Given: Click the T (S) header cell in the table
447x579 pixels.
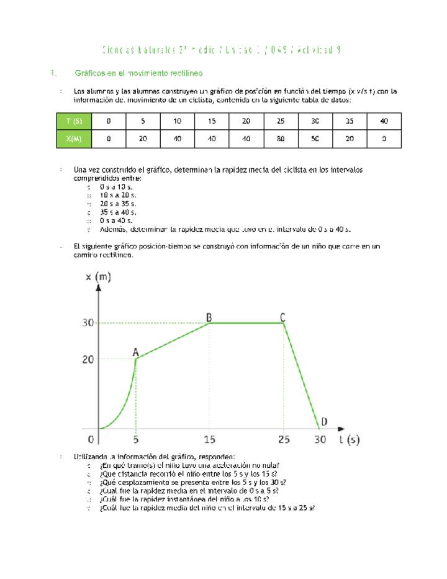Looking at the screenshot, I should tap(74, 121).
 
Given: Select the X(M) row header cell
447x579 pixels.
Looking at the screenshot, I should tap(74, 139).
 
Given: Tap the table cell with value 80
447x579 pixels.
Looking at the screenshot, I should tap(281, 139).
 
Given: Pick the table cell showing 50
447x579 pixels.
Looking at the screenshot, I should tap(315, 139).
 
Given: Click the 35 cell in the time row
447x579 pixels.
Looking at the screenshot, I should tap(350, 121).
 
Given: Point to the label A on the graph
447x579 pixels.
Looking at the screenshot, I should tap(135, 352).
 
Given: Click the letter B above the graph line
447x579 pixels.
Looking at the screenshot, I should tap(209, 317).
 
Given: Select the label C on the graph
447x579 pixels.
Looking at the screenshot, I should tap(282, 317).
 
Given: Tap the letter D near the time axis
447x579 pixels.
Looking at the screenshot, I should tap(324, 422).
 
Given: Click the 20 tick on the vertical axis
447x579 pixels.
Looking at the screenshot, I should tap(89, 359).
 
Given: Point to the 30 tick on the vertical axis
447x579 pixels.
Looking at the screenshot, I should tap(89, 323).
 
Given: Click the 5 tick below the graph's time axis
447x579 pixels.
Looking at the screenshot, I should tap(136, 440).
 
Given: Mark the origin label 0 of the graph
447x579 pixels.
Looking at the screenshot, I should tap(91, 440).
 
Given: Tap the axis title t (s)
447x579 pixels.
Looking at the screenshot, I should tap(349, 440).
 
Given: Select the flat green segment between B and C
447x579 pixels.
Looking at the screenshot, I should tap(246, 323).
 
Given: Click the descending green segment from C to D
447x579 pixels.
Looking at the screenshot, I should tap(302, 376).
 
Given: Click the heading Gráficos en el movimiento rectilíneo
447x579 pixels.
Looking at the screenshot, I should tap(138, 73).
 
